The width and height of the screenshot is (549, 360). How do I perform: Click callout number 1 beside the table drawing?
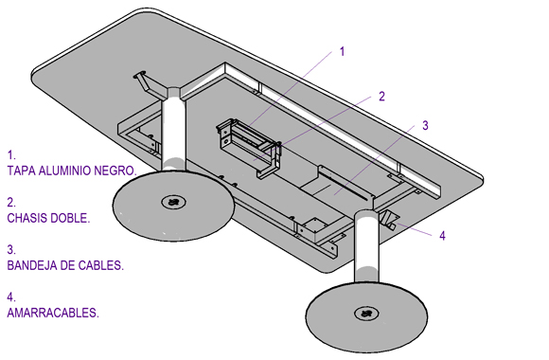(342, 51)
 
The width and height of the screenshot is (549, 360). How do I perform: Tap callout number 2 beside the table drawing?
(381, 96)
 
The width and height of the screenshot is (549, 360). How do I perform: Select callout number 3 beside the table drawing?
(425, 125)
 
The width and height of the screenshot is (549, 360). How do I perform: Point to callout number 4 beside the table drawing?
(443, 236)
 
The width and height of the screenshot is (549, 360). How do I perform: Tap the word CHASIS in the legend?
(27, 218)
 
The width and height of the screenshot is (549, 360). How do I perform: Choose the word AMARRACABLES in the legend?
(53, 313)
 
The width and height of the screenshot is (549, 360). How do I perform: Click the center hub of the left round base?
(173, 202)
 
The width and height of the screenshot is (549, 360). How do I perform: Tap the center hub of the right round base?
(366, 313)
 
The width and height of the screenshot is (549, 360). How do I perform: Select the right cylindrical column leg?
(366, 247)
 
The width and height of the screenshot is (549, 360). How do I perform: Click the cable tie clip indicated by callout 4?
(389, 220)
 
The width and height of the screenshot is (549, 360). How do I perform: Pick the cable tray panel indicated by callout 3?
(336, 184)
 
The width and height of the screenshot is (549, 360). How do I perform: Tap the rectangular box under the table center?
(249, 147)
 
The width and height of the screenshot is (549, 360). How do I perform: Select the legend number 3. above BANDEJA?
(11, 249)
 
